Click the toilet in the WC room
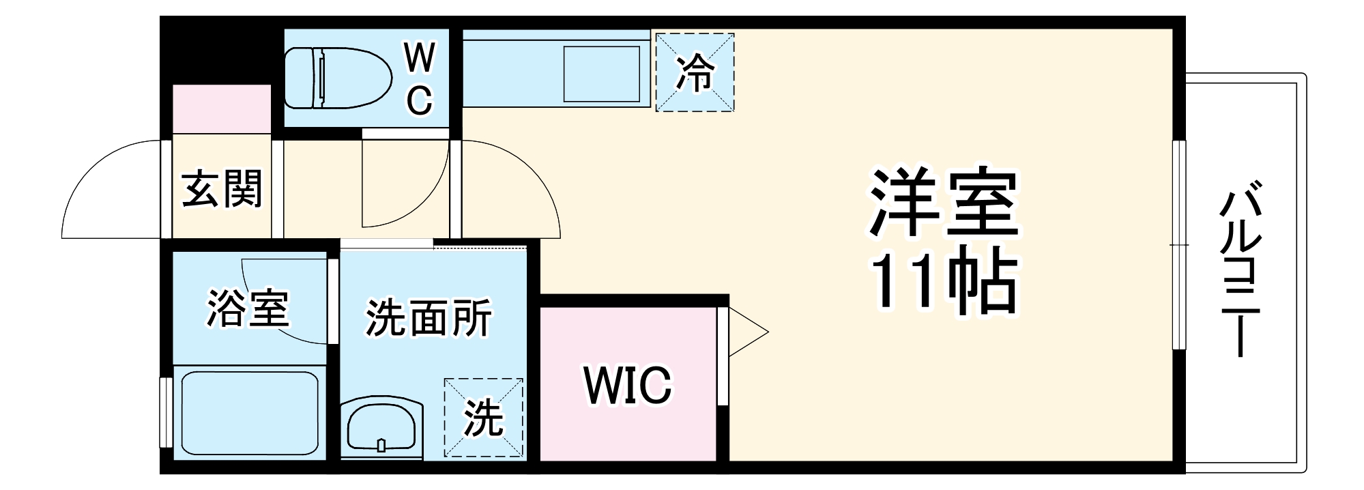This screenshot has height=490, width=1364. (x=338, y=78)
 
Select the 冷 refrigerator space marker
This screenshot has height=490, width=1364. (x=695, y=72)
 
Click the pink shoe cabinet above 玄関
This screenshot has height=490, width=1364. (x=222, y=109)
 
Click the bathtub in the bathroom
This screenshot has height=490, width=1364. (x=250, y=412)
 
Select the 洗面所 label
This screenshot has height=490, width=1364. (x=429, y=318)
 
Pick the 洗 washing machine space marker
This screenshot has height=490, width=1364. (x=484, y=418)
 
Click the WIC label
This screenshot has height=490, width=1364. (x=628, y=385)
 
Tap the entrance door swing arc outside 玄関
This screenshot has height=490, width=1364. (x=111, y=189)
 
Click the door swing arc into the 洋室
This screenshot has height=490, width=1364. (x=511, y=189)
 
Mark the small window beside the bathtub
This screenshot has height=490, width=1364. (x=165, y=412)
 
